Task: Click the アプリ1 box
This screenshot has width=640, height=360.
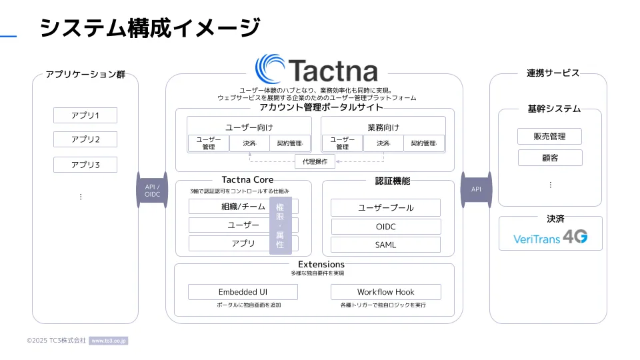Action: pos(85,115)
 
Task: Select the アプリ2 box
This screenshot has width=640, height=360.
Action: pos(85,139)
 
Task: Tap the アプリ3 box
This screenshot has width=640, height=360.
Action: pos(85,165)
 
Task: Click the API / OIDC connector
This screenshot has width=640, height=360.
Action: pos(152,190)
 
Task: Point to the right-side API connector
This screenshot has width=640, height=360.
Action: pos(476,189)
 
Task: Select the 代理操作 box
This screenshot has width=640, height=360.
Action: pos(315,161)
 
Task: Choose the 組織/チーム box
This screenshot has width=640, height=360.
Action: pos(229,207)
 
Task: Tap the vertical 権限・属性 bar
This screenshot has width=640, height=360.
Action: pos(281,225)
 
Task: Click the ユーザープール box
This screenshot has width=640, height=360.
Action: pos(385,207)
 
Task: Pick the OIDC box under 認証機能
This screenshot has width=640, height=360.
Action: pos(385,227)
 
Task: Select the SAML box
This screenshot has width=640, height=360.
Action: pos(385,245)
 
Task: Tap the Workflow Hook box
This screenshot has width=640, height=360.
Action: pos(385,292)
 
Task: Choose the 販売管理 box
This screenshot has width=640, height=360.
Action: pos(549,137)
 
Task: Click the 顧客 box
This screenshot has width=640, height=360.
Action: pos(549,158)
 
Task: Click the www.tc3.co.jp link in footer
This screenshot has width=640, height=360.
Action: pos(108,341)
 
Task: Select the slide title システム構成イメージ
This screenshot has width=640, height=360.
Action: pos(149,28)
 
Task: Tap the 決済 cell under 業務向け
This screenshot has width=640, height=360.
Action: pos(383,143)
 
